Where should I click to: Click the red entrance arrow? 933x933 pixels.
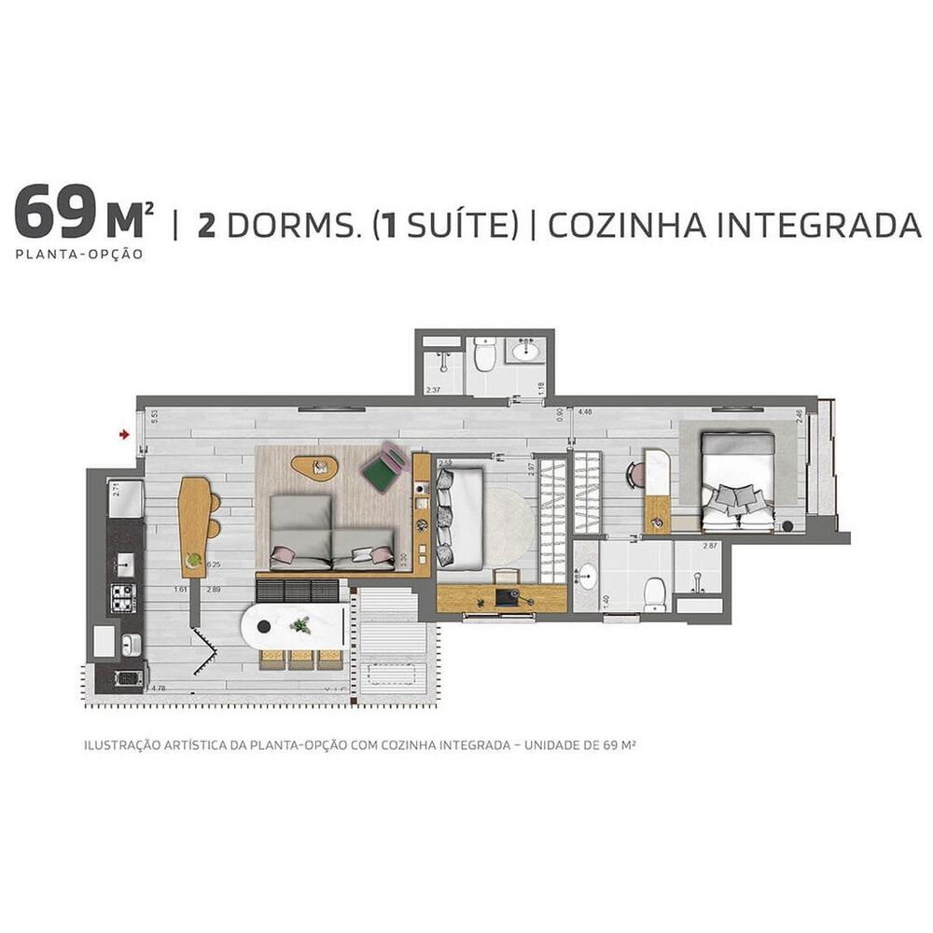[x=123, y=433]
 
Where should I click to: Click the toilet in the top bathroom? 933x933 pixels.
[x=484, y=354]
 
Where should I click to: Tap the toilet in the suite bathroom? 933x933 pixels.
[x=656, y=592]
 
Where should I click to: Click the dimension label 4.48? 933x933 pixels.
[x=585, y=411]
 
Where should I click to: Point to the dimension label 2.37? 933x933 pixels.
[x=433, y=390]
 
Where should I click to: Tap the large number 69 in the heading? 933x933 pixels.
[x=51, y=214]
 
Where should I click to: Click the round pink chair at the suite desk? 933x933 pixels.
[x=636, y=474]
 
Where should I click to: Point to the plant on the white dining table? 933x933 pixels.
[x=300, y=626]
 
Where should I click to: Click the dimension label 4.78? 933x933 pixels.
[x=159, y=689]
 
